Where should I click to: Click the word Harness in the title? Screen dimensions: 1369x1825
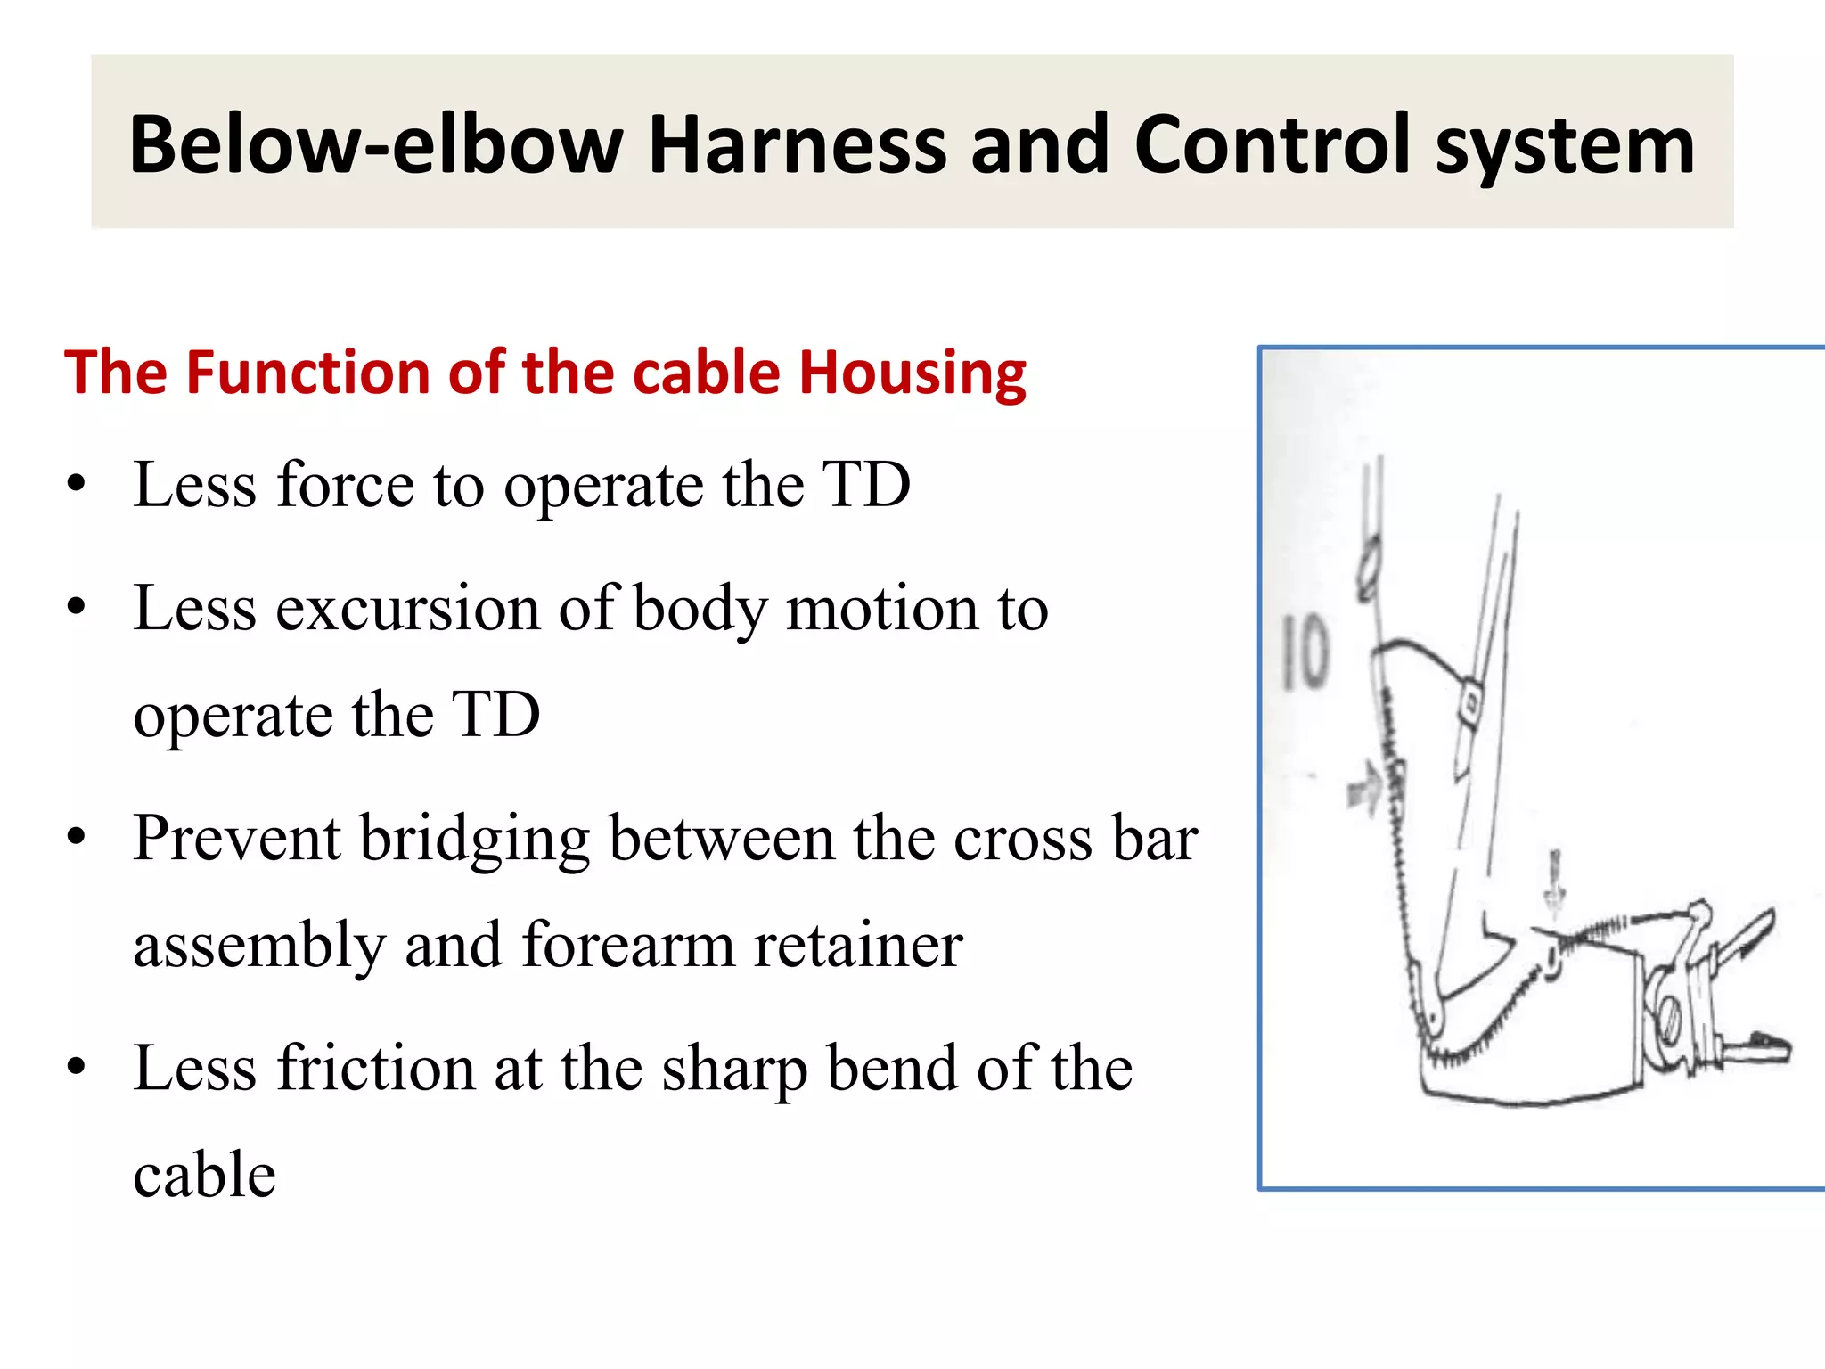pos(796,144)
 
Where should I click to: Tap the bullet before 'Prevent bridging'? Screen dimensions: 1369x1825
pos(78,837)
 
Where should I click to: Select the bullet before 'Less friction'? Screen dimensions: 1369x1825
pos(78,1067)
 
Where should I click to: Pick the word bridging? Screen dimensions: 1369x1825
pos(475,840)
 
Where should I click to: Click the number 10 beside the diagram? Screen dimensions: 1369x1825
pos(1305,652)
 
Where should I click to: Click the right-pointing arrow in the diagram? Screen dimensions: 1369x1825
pos(1363,788)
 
